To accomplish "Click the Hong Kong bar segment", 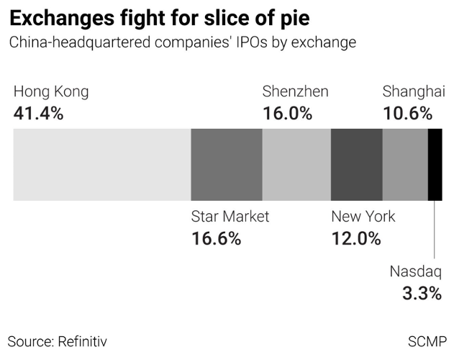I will (x=102, y=165).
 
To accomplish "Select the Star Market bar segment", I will (x=227, y=165).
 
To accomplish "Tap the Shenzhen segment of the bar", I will (x=296, y=165).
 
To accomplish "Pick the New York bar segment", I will (x=356, y=165).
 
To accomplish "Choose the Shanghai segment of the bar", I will (x=405, y=165).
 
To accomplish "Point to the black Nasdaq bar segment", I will (x=435, y=165).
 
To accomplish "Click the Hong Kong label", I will (x=51, y=91).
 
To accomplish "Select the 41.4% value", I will (x=39, y=113).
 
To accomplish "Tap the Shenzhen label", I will (x=295, y=91).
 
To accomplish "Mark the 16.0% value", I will (x=287, y=113).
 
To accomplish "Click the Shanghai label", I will (x=413, y=91).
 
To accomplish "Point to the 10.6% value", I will (x=407, y=113).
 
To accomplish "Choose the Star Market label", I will (x=229, y=217).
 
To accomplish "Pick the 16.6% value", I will (x=216, y=239).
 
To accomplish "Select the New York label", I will (x=363, y=217).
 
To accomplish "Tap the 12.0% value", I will (x=355, y=239).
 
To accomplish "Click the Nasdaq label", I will (x=416, y=271).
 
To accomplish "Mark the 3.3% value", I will (x=422, y=294).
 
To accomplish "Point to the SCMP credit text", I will (x=427, y=340).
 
